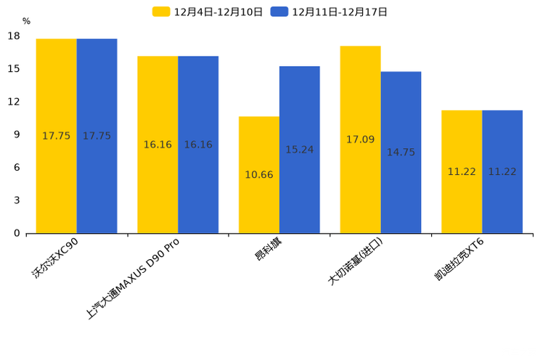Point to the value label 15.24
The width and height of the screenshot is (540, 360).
(300, 150)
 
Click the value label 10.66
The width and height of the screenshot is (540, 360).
(259, 175)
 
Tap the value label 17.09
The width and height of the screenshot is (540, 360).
(360, 139)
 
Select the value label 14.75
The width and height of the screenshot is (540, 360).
(401, 152)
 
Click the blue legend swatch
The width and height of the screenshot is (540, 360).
(279, 12)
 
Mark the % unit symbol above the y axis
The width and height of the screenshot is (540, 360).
(26, 21)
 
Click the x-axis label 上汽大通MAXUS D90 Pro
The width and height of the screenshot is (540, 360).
(134, 277)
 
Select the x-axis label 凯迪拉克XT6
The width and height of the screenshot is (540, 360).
(459, 263)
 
